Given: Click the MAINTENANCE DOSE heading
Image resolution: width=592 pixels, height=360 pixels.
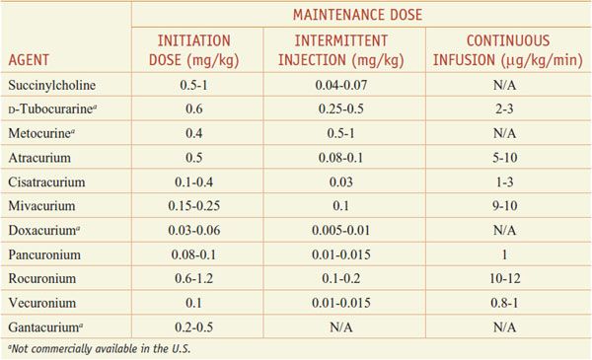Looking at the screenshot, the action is [357, 15].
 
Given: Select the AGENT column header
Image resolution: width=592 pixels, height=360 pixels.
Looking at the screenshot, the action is [29, 60].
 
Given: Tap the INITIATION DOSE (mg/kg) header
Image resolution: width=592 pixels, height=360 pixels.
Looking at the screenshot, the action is [194, 50].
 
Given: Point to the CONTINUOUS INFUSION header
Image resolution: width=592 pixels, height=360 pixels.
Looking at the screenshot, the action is [508, 50].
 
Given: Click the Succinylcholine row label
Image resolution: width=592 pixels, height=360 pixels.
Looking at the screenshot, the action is [51, 85].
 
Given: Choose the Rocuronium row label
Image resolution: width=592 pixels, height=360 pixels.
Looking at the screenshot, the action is [42, 278].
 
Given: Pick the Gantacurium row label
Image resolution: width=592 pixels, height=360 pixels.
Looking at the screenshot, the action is [45, 326].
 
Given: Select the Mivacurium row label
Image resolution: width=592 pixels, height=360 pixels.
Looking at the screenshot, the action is [41, 206].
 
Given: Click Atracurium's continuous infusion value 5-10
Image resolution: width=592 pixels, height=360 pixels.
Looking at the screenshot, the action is [505, 158].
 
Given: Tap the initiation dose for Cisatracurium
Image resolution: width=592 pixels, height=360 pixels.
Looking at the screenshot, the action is [193, 181].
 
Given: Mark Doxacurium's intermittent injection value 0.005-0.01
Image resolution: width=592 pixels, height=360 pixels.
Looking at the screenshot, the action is [341, 230].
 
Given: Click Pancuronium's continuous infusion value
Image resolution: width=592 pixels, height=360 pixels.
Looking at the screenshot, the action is [505, 254].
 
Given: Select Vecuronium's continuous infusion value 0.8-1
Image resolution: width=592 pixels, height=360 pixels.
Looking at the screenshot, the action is [505, 303].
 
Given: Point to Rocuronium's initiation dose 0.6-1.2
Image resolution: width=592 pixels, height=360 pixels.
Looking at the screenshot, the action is [193, 278].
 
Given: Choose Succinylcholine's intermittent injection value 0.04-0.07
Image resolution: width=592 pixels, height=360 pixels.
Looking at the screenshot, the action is [341, 85].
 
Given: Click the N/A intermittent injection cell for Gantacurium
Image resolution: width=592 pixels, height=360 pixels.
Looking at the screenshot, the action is [341, 327].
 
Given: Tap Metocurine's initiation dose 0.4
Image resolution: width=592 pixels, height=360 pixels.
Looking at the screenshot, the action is [193, 133].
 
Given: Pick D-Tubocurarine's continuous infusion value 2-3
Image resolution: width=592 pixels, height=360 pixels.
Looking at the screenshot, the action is [505, 109].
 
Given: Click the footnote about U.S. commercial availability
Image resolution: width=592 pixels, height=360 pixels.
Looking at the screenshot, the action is [100, 349].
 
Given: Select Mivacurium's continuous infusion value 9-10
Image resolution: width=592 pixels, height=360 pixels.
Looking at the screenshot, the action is [505, 206].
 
